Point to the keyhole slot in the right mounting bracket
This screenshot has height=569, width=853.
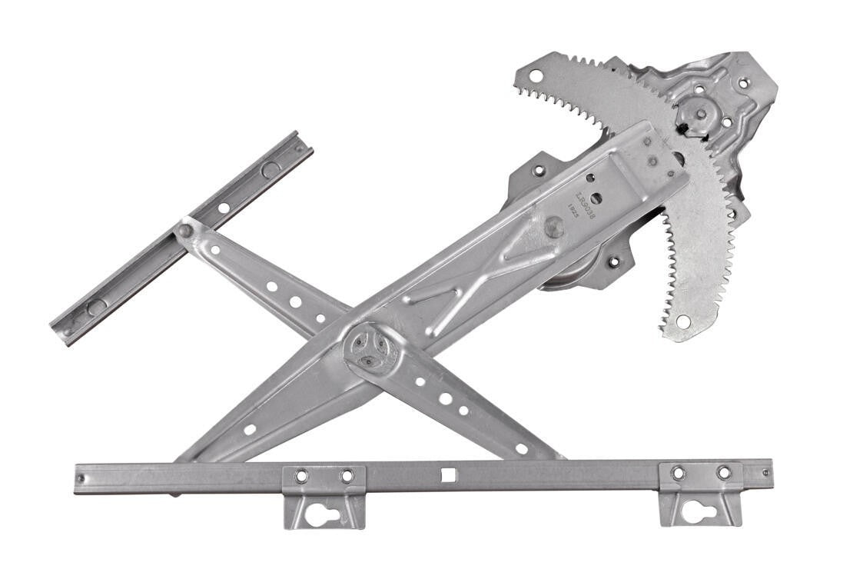pos(699,512)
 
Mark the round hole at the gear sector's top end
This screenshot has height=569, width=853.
pos(535,75)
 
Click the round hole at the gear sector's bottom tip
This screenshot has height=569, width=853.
pos(682,321)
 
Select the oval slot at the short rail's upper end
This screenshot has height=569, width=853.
pos(270,169)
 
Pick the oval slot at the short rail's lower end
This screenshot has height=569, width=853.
pos(96,307)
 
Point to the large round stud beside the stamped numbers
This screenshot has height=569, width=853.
pos(553,226)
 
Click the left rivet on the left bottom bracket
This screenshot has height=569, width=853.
pos(301,477)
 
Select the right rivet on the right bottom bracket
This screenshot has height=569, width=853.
pos(724,472)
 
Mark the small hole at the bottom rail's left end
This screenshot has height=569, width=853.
pos(82,477)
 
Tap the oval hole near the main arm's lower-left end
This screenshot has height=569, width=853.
pos(249,429)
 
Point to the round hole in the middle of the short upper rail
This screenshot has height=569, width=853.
pos(222,207)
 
